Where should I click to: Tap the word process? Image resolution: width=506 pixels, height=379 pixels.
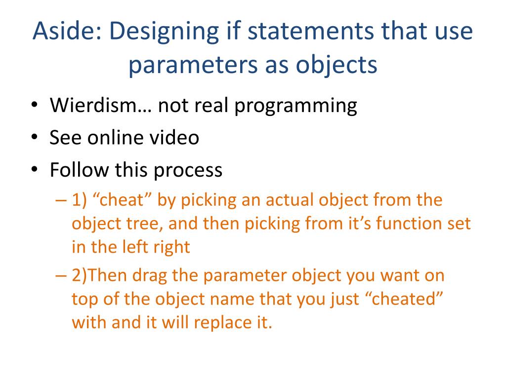click(x=188, y=170)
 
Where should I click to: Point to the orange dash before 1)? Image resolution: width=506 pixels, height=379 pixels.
click(x=61, y=200)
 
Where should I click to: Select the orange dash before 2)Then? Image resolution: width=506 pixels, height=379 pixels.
click(x=61, y=275)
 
